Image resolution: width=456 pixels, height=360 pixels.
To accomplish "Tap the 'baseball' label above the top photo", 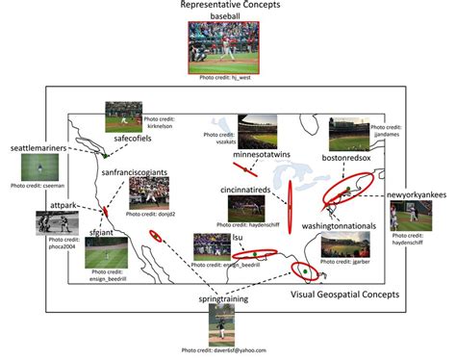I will point(227,17).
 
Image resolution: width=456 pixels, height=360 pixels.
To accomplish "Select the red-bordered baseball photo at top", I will point(228,48).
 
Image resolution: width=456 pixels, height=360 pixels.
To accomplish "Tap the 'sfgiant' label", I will point(103,232).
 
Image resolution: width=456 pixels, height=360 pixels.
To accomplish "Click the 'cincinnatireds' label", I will point(250,190).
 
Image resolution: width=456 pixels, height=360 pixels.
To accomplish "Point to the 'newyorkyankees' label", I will point(417,195).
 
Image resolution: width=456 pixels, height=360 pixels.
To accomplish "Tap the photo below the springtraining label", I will point(223,325).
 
